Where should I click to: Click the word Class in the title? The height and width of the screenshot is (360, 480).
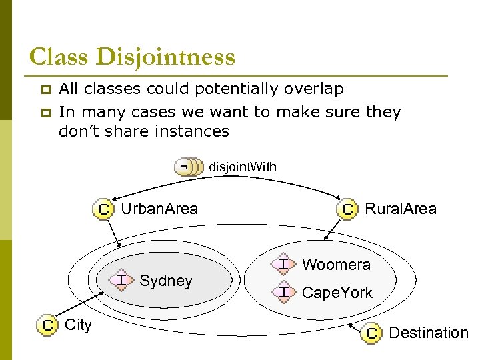coord(59,57)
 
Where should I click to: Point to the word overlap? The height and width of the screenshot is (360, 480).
coord(313,89)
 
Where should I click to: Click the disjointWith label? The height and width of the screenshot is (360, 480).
coord(243,167)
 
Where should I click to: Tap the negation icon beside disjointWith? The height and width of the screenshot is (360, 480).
coord(188,167)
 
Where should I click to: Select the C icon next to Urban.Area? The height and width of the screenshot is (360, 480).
coord(103,209)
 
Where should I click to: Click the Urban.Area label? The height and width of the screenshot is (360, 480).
coord(159,209)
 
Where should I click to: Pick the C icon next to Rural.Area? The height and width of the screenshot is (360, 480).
coord(348,209)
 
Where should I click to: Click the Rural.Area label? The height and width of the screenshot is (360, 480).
coord(401,209)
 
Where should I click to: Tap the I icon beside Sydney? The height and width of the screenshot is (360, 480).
coord(121,281)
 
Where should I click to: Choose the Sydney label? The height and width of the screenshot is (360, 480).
coord(166,281)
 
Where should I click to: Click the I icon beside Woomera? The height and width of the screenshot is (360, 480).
coord(283,265)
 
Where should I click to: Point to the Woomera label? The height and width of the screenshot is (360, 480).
coord(336,265)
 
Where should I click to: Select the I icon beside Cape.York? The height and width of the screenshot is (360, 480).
coord(283,292)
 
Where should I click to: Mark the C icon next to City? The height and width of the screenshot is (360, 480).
coord(47,325)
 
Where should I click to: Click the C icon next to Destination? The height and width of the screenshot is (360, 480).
coord(371,332)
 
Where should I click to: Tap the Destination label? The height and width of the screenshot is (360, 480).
coord(429,332)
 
